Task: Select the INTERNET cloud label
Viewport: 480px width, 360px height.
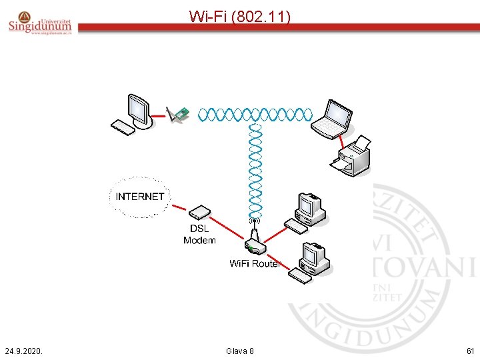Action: point(139,197)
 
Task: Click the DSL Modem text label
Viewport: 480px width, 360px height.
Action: point(199,235)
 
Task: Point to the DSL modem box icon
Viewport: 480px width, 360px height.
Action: point(200,213)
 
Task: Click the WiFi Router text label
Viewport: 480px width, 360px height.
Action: point(255,263)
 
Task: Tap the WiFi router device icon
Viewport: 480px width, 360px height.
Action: point(254,242)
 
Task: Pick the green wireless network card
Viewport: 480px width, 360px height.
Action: point(178,115)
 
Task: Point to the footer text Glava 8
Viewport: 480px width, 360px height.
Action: point(240,351)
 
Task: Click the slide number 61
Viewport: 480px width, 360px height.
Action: point(470,351)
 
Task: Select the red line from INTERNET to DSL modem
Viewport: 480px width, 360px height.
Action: point(179,207)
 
